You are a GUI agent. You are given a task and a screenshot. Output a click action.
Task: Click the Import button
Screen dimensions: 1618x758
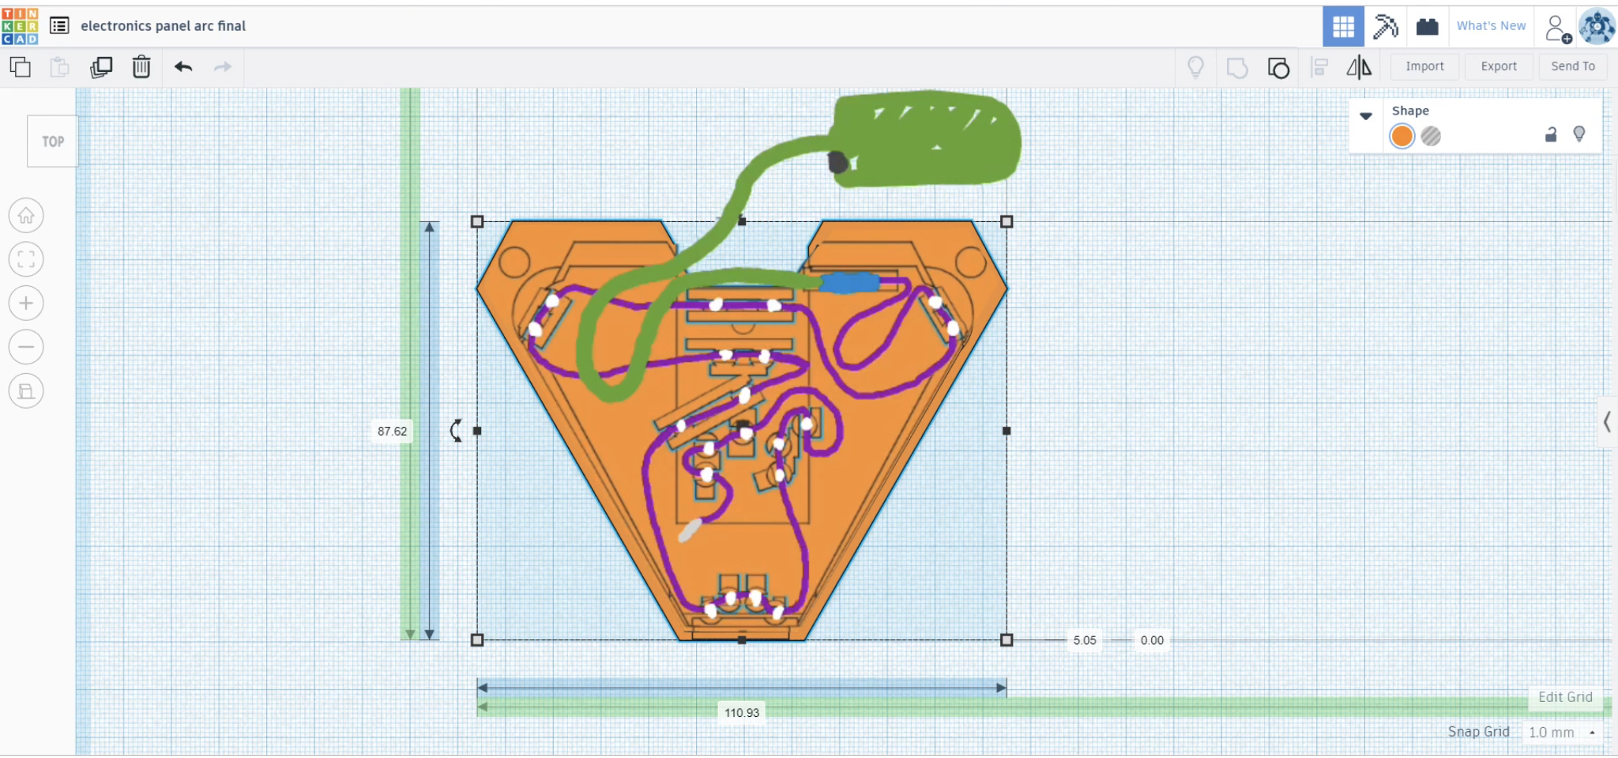pyautogui.click(x=1424, y=66)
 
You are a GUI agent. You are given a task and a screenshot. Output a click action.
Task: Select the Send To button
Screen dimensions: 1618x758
pyautogui.click(x=1572, y=66)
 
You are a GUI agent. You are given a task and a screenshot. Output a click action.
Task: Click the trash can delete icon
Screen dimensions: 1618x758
pyautogui.click(x=141, y=66)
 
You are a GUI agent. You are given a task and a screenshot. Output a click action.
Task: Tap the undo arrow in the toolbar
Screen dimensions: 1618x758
pyautogui.click(x=183, y=66)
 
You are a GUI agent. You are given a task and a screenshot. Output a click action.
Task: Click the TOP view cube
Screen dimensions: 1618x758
pyautogui.click(x=53, y=141)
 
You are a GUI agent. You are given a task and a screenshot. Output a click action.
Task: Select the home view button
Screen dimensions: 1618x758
pyautogui.click(x=26, y=215)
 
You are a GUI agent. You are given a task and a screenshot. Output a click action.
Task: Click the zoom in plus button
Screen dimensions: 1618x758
pyautogui.click(x=26, y=303)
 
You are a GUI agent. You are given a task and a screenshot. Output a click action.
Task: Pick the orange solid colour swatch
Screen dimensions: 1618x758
pyautogui.click(x=1402, y=136)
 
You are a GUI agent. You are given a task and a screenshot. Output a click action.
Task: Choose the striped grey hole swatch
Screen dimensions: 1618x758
pyautogui.click(x=1431, y=136)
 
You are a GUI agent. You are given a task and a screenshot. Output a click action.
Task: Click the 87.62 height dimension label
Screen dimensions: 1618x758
pyautogui.click(x=392, y=431)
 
